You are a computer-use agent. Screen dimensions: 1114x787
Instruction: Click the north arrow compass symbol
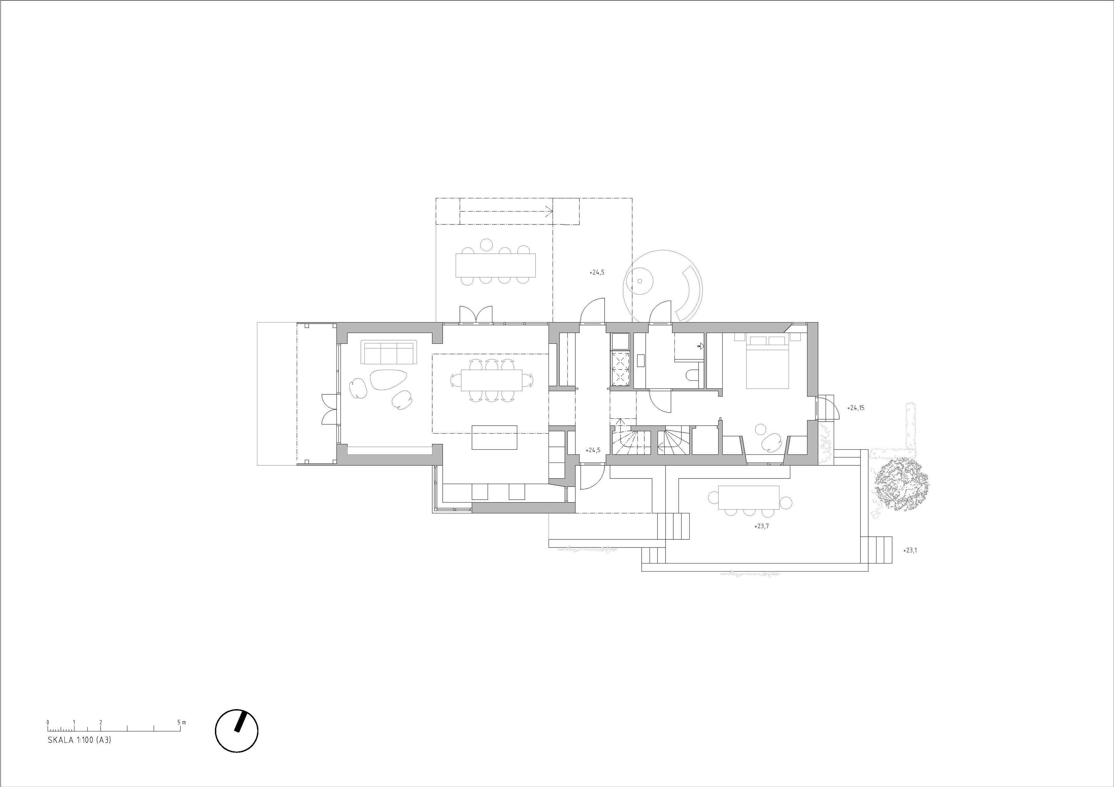click(237, 732)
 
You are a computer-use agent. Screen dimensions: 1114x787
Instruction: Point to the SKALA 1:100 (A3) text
click(79, 754)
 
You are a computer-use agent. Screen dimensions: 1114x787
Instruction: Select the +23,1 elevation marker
click(910, 550)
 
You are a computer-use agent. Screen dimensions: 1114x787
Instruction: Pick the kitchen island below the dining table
click(494, 437)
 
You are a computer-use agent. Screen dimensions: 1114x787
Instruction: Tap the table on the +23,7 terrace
click(749, 498)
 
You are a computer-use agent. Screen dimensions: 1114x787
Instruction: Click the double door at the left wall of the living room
click(328, 409)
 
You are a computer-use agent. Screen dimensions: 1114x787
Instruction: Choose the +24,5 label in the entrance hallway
click(593, 450)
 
